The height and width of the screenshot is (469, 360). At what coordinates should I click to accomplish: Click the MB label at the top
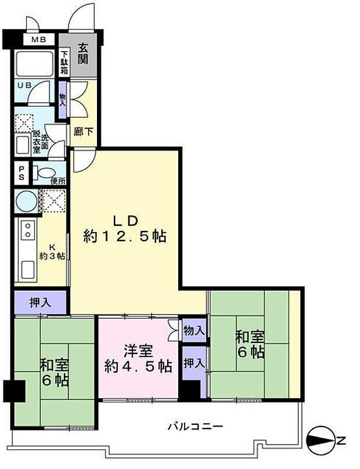[x=39, y=39]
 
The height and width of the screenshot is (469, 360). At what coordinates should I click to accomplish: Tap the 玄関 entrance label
[x=83, y=53]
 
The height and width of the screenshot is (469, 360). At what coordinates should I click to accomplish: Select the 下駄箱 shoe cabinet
[x=64, y=63]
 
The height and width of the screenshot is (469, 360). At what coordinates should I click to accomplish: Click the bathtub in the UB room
[x=35, y=63]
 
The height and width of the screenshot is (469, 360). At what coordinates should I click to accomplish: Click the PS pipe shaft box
[x=21, y=173]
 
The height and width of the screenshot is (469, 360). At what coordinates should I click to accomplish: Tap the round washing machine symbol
[x=26, y=201]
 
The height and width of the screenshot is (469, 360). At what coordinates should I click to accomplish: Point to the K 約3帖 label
[x=52, y=252]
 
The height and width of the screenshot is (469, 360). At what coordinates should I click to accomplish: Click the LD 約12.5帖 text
[x=125, y=229]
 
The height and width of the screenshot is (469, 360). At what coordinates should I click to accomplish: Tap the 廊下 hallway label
[x=84, y=132]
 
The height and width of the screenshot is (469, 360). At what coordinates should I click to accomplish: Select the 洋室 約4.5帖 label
[x=139, y=359]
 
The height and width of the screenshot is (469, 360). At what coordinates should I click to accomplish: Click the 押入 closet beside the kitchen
[x=40, y=302]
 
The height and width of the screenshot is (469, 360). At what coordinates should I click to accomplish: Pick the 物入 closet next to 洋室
[x=194, y=330]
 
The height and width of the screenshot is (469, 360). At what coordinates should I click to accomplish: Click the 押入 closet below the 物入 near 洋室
[x=194, y=363]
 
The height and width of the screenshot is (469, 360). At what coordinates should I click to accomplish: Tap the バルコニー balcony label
[x=195, y=425]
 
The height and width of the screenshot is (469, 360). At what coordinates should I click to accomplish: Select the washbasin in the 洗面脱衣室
[x=23, y=145]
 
